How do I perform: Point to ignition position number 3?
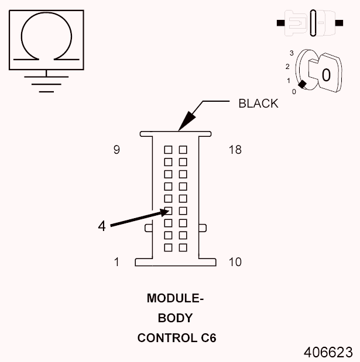(x=291, y=53)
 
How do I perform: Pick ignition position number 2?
(x=287, y=66)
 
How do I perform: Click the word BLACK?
(x=258, y=104)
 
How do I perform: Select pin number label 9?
(x=116, y=150)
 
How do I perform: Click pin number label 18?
(x=235, y=150)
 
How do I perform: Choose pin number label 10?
(x=235, y=262)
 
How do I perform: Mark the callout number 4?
(x=102, y=226)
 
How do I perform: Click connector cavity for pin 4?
(x=168, y=211)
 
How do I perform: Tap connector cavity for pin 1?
(x=168, y=247)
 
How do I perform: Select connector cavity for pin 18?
(x=183, y=149)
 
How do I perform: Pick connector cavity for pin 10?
(x=183, y=247)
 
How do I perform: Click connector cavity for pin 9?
(x=168, y=149)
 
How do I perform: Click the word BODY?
(x=175, y=318)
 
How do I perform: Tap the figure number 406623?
(x=328, y=352)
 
